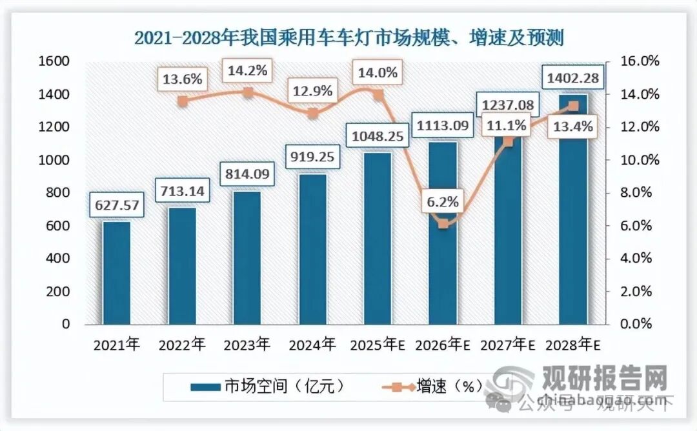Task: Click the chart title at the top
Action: (x=348, y=37)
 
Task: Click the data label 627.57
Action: (x=117, y=205)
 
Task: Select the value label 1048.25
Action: (x=377, y=136)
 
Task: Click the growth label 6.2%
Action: (x=443, y=201)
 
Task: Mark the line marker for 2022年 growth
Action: (x=183, y=101)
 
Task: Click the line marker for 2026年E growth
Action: (x=443, y=224)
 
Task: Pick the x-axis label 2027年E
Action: (x=508, y=345)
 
